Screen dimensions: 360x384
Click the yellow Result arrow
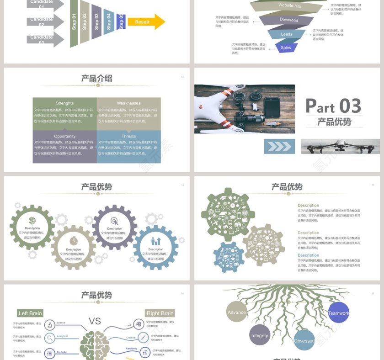click(146, 21)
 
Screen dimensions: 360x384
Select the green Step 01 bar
click(74, 23)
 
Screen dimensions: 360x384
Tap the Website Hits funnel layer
click(290, 6)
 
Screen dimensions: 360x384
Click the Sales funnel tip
click(286, 47)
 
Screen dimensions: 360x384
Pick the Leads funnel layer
click(287, 34)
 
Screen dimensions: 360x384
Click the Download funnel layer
click(288, 20)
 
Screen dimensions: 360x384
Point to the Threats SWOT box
click(128, 147)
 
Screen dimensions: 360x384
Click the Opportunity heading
click(65, 136)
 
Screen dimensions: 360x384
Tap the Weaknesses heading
click(128, 103)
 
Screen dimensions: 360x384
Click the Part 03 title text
click(333, 106)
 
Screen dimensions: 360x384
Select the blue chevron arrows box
click(279, 147)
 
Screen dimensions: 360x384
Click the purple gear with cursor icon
click(114, 227)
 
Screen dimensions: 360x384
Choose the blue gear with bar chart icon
click(155, 247)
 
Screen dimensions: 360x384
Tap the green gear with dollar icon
click(32, 227)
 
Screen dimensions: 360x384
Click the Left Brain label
click(30, 313)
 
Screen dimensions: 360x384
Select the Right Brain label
click(160, 313)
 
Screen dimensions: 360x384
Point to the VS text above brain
click(95, 321)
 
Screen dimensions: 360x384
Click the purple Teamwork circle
click(338, 313)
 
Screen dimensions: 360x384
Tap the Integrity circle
click(260, 335)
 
